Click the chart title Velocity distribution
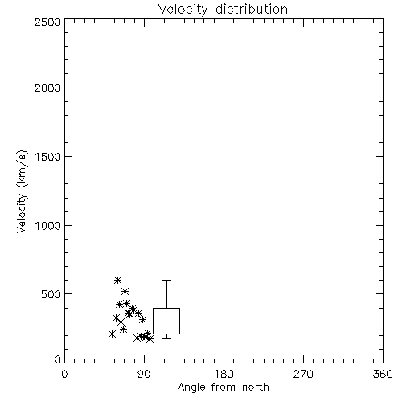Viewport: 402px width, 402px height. click(223, 10)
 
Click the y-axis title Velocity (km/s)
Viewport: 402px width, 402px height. click(22, 191)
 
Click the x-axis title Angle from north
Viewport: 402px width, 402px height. click(223, 387)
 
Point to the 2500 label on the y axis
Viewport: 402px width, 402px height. click(47, 22)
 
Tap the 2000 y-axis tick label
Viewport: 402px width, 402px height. click(47, 88)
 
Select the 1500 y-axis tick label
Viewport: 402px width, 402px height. click(48, 157)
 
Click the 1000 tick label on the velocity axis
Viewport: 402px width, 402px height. click(48, 226)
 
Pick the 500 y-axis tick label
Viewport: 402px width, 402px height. click(51, 294)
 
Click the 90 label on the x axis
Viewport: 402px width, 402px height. click(144, 374)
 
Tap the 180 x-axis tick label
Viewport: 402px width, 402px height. click(224, 374)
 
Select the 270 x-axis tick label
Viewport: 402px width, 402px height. click(303, 374)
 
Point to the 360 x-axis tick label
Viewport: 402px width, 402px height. click(383, 374)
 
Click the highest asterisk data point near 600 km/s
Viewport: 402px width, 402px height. click(117, 281)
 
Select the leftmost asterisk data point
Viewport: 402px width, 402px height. click(112, 334)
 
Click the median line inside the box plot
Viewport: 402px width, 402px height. click(166, 318)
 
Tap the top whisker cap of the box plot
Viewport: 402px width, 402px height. click(166, 280)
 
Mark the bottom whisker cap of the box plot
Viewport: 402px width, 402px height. click(166, 338)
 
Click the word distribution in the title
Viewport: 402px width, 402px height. click(252, 10)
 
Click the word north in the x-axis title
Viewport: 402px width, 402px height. click(256, 387)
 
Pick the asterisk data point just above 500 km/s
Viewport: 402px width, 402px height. click(125, 291)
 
